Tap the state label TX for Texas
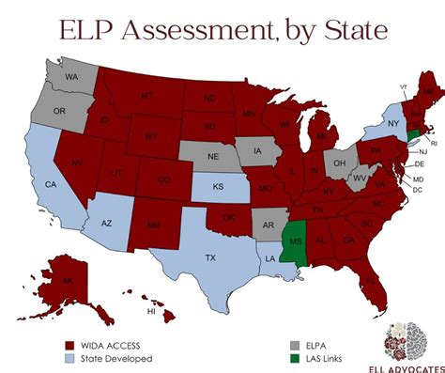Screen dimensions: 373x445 (x=210, y=256)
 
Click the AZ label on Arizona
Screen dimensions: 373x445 (x=105, y=224)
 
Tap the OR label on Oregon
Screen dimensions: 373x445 (x=58, y=111)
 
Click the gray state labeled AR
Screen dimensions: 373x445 (x=268, y=225)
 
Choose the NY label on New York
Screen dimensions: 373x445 (x=393, y=123)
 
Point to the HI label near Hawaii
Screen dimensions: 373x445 (x=148, y=310)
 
